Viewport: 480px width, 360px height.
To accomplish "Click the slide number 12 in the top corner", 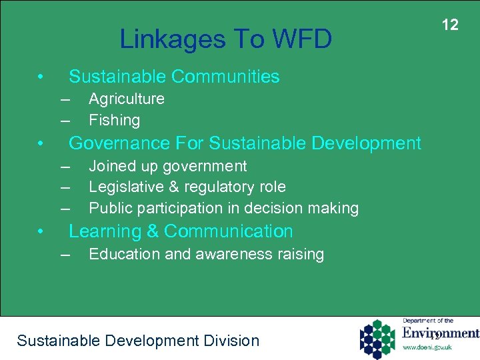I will tap(451, 25).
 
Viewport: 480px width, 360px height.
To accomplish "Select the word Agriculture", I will tap(127, 99).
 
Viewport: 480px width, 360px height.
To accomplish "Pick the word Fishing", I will tap(115, 121).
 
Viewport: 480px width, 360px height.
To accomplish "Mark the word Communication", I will tap(229, 231).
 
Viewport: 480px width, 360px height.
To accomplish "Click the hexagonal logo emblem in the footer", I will tap(379, 339).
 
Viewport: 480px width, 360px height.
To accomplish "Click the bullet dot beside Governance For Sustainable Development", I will tap(41, 143).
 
